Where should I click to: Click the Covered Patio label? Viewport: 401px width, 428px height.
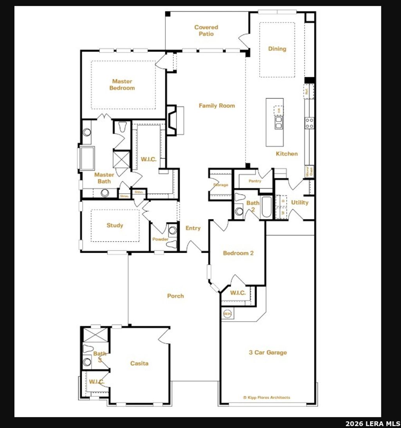tap(206, 31)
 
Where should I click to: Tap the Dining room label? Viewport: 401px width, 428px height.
tap(277, 49)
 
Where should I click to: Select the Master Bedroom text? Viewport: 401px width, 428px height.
tap(122, 85)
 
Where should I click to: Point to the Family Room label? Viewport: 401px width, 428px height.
tap(217, 106)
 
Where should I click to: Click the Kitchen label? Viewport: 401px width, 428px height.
tap(287, 154)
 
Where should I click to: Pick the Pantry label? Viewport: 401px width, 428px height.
tap(255, 181)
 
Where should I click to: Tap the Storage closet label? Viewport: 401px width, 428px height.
tap(220, 185)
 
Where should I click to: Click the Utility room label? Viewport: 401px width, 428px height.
tap(300, 202)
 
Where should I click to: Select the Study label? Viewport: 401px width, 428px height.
tap(115, 225)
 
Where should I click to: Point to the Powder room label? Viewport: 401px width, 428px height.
tap(161, 239)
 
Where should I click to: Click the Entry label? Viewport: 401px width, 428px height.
tap(193, 228)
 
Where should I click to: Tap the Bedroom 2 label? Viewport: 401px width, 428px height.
tap(238, 253)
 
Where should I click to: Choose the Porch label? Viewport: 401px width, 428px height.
tap(175, 296)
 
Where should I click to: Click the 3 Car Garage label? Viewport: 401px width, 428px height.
tap(268, 352)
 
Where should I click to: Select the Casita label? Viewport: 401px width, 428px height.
tap(139, 363)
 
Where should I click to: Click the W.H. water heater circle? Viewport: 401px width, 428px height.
tap(227, 314)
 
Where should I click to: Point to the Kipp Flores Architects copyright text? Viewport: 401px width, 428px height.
tap(267, 397)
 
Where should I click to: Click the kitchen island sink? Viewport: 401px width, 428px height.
tap(279, 126)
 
